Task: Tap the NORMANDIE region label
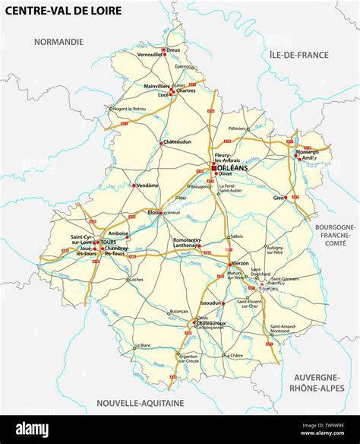pyautogui.click(x=57, y=42)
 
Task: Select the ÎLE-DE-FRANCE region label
pyautogui.click(x=298, y=55)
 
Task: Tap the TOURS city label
pyautogui.click(x=108, y=243)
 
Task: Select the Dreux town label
pyautogui.click(x=173, y=49)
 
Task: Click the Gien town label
pyautogui.click(x=279, y=197)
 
